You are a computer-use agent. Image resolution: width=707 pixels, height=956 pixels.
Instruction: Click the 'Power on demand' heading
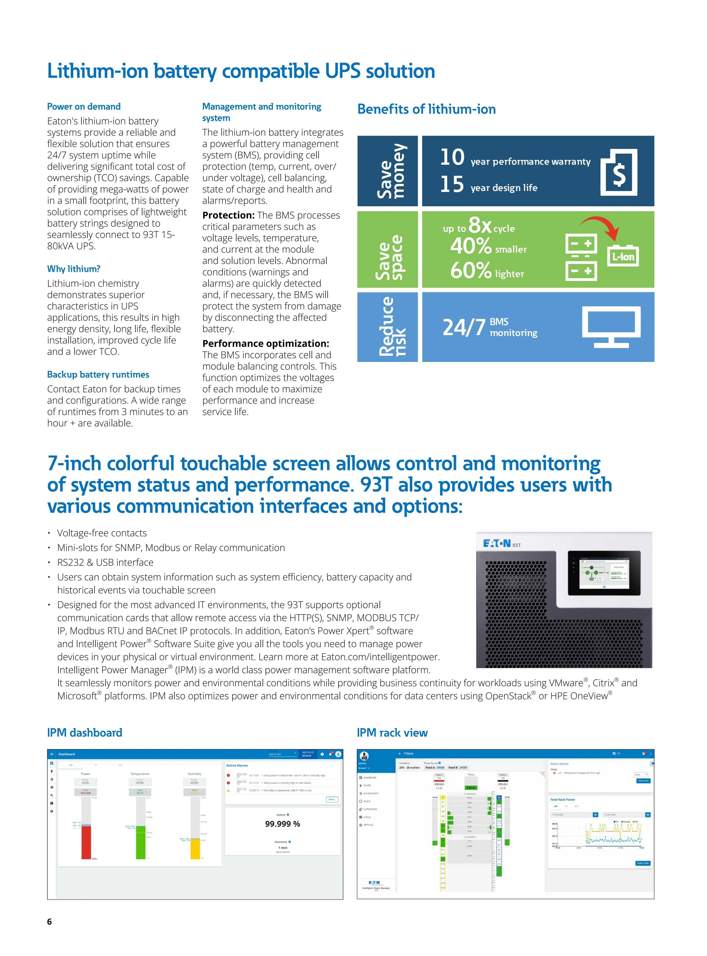point(84,106)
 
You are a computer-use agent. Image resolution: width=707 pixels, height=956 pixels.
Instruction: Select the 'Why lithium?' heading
point(74,269)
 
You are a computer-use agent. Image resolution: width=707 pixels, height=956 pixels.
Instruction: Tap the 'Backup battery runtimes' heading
point(98,375)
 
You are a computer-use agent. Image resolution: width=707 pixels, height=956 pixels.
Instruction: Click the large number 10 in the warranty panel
point(452,157)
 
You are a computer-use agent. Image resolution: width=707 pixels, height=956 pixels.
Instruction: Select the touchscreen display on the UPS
point(604,573)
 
